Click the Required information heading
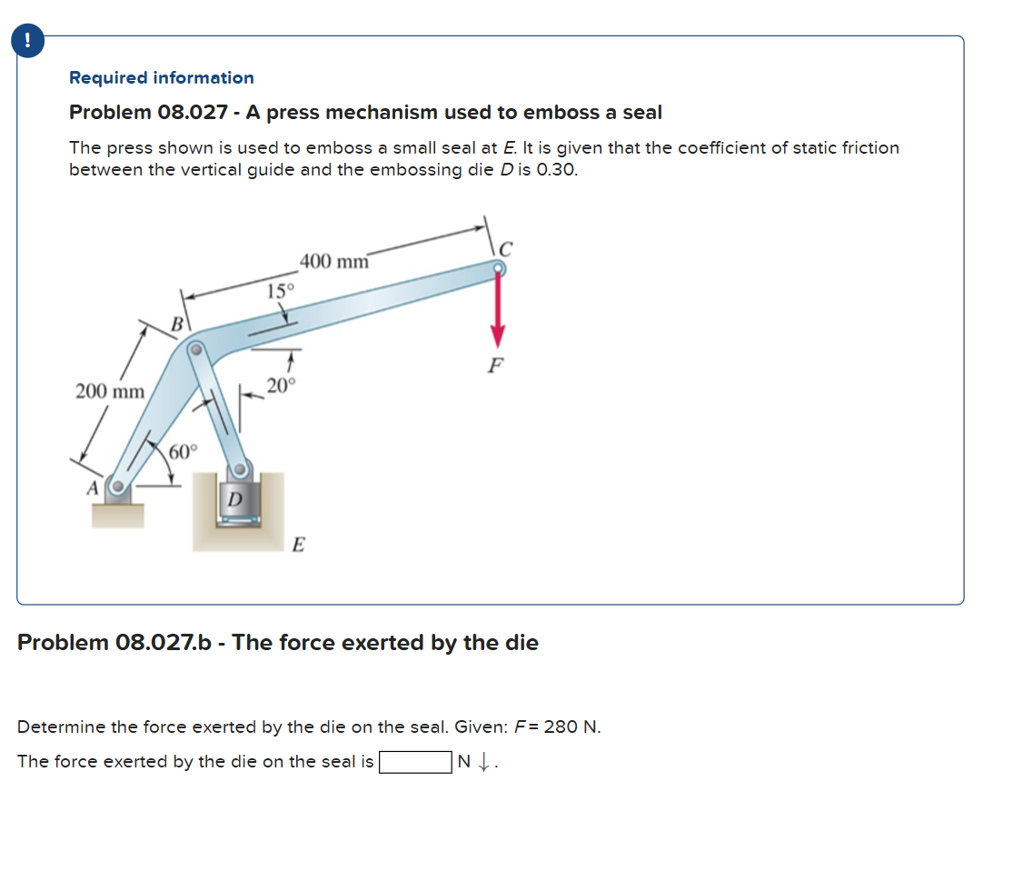[162, 78]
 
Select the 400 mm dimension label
[334, 262]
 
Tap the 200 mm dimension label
[109, 392]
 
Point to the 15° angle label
[280, 291]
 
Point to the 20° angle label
[281, 386]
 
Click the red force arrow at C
[497, 310]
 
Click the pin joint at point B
[194, 348]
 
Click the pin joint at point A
[117, 486]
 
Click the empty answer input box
[415, 762]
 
